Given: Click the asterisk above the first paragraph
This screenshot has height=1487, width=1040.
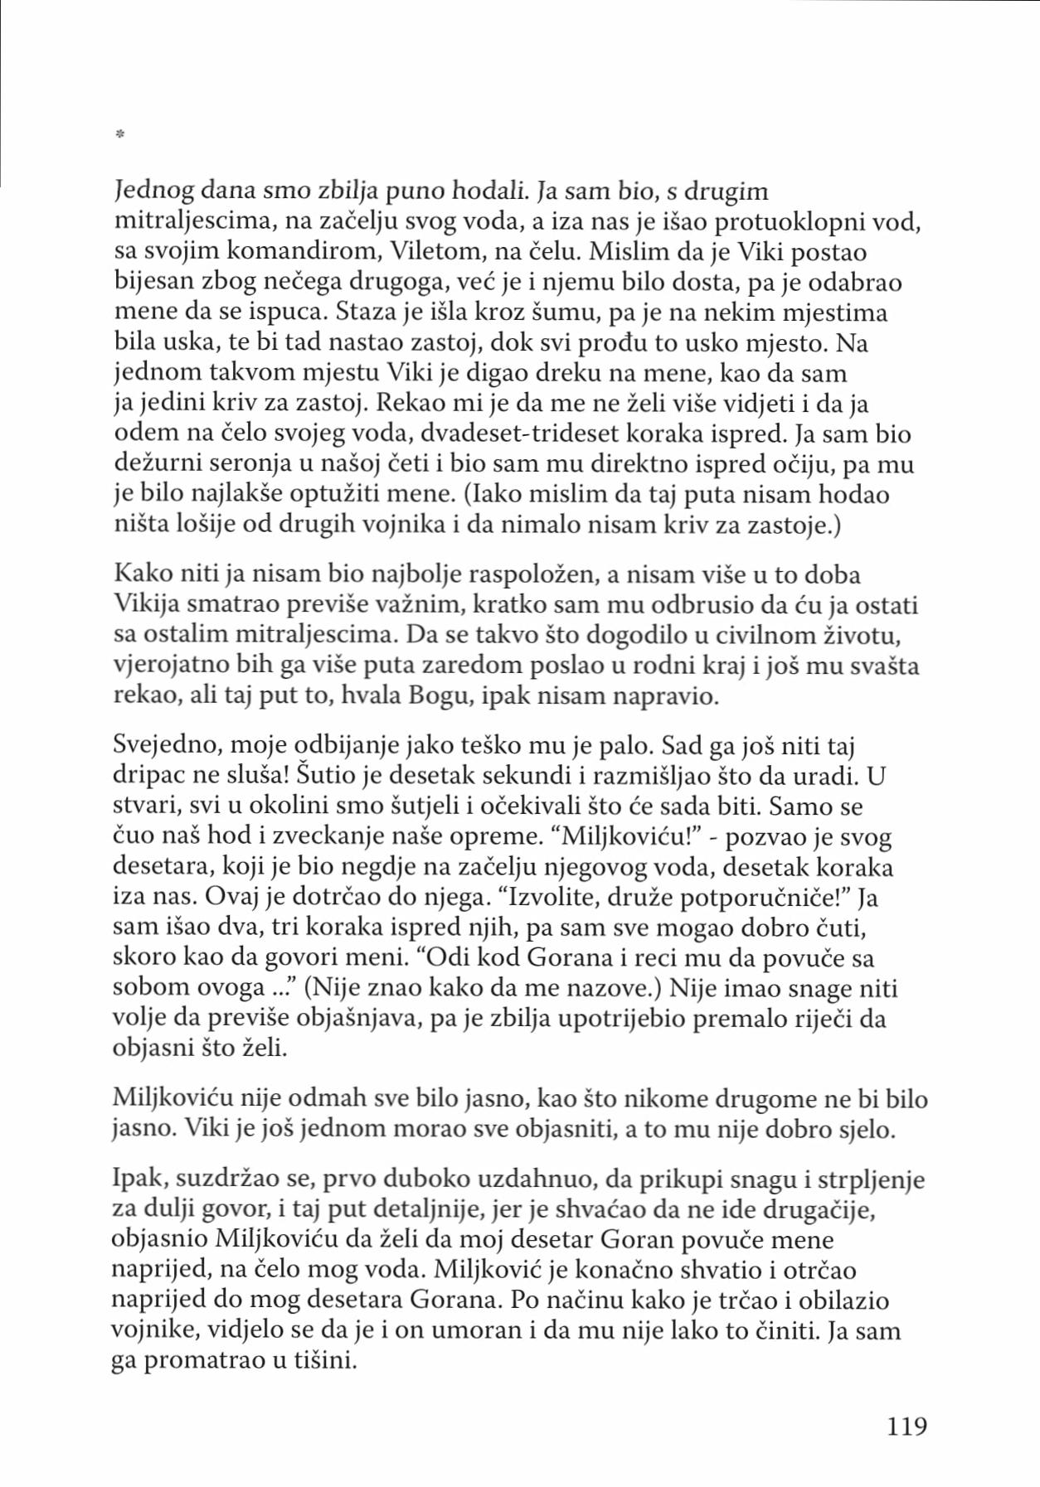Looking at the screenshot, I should (119, 133).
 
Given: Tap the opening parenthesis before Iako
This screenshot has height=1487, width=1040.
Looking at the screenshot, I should (468, 495).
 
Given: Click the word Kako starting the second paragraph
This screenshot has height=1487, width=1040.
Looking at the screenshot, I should (142, 574).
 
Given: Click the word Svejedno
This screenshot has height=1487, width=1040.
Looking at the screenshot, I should (166, 745).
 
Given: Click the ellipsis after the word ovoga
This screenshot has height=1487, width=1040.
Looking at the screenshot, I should (275, 989).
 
